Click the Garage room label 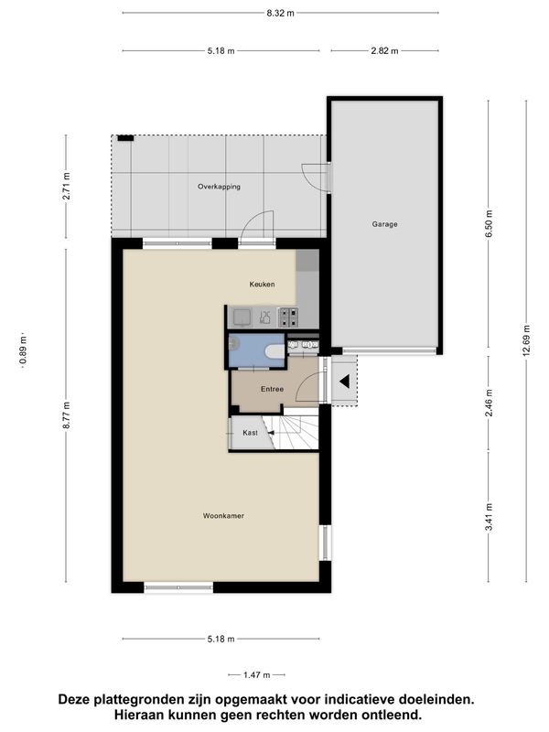click(384, 224)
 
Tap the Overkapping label click(219, 187)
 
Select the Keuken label click(262, 284)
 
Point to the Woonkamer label click(223, 516)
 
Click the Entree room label click(272, 389)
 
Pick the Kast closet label click(250, 433)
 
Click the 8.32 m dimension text click(281, 13)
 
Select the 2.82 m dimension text click(384, 51)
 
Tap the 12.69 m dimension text click(527, 340)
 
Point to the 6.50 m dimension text click(489, 224)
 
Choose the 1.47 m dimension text click(257, 675)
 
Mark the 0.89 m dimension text click(24, 350)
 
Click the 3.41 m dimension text click(489, 517)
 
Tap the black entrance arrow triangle click(345, 382)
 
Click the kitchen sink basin click(242, 318)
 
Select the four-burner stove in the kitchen click(288, 317)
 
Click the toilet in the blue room click(274, 350)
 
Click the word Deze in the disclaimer click(73, 699)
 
